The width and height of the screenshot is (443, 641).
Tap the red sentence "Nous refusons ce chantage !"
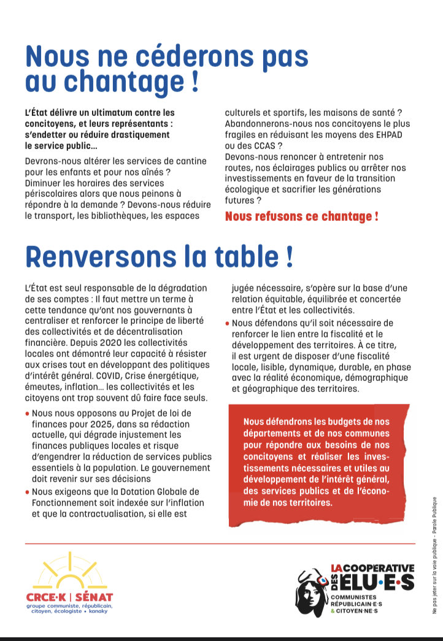click(x=301, y=217)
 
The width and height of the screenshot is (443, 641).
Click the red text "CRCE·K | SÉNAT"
click(x=69, y=597)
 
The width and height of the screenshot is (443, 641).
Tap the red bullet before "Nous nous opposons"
click(x=28, y=415)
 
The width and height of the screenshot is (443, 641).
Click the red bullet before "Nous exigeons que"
click(x=28, y=492)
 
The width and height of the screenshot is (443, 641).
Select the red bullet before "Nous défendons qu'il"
click(x=228, y=323)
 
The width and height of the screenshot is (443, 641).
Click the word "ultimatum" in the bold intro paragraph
click(x=112, y=113)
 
